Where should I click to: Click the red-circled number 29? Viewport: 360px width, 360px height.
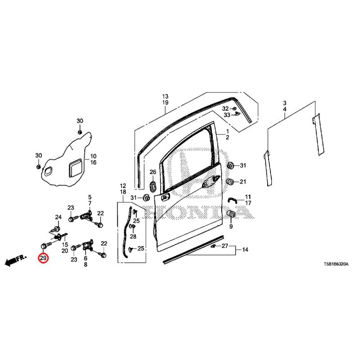pos(43,258)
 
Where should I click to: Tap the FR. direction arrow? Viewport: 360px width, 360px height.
pos(16,260)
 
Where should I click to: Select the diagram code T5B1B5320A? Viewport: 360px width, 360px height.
pos(336,264)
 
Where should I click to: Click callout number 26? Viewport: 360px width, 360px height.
pos(153,172)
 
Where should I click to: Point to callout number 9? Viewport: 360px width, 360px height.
pos(231,226)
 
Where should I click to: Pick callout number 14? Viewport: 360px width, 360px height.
pos(245,250)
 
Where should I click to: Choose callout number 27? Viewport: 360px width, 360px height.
pos(225,246)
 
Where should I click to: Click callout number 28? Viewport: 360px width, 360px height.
pos(133,236)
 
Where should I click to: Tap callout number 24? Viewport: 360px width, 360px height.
pos(58,217)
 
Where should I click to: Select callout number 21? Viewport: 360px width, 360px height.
pos(243,182)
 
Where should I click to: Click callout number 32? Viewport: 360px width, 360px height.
pos(225,108)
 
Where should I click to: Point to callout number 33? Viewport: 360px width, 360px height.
pos(227,115)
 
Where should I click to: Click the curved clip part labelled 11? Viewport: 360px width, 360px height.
pos(232,200)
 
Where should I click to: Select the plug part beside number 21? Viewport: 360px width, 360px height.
pos(230,181)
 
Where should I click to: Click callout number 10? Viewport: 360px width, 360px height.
pos(93,156)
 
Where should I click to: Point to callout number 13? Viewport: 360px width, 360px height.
pos(165,96)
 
